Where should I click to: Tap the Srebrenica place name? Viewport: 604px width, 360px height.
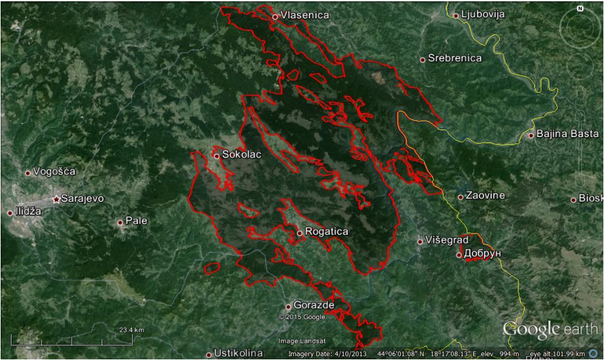click(x=455, y=58)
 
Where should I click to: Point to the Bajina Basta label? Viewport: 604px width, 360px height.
click(x=567, y=134)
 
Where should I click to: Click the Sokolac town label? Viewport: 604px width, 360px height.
click(x=241, y=154)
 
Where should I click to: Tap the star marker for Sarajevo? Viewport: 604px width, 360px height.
click(x=57, y=199)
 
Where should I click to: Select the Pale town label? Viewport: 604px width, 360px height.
click(x=137, y=222)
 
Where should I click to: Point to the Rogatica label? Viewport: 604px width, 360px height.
click(x=326, y=232)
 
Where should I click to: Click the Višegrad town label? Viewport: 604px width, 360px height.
click(x=447, y=240)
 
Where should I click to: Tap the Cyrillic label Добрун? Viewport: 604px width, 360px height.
click(x=483, y=254)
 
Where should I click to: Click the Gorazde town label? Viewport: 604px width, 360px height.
click(x=314, y=305)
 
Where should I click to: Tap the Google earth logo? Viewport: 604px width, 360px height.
click(x=550, y=329)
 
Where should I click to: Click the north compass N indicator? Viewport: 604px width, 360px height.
click(x=580, y=9)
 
